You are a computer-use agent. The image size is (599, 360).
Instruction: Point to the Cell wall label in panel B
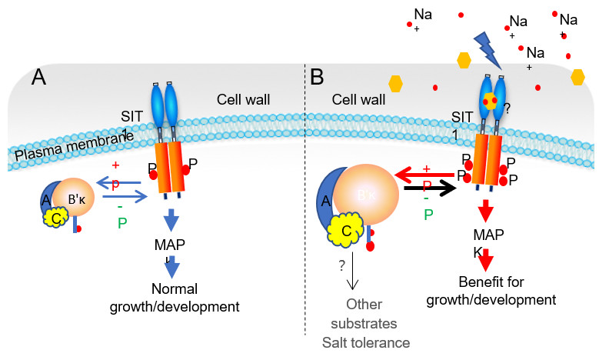click(x=358, y=101)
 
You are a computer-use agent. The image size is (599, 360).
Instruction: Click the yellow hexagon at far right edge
click(x=578, y=76)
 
